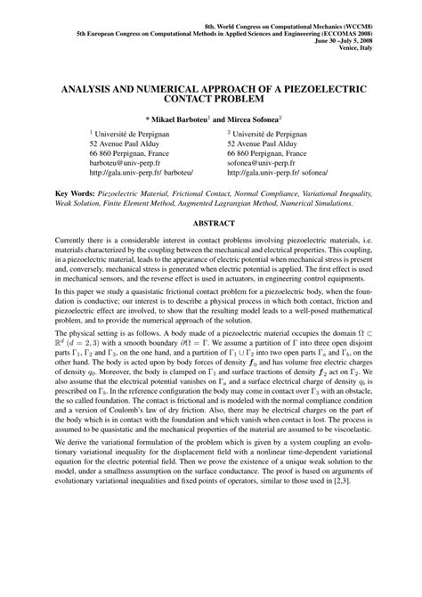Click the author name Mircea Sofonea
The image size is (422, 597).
[x=272, y=119]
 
